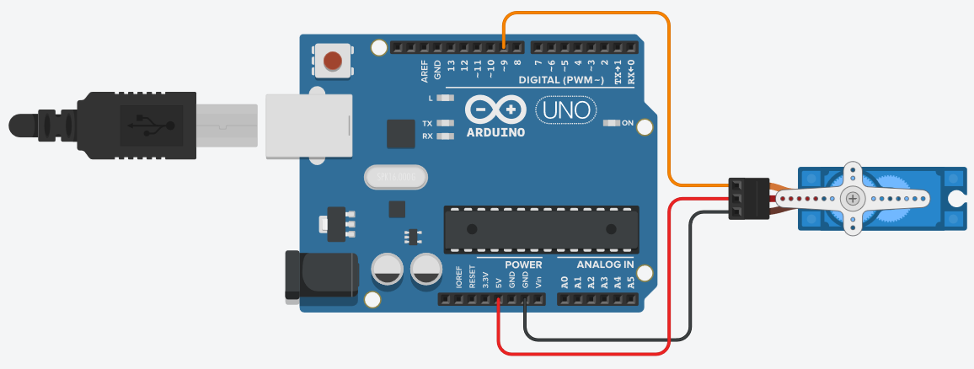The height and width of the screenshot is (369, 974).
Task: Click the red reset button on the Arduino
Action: click(x=334, y=61)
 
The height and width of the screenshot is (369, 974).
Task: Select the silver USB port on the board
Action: click(x=308, y=126)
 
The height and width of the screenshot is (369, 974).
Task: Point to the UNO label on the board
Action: click(x=565, y=110)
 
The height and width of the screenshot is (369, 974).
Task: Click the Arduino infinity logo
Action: click(x=495, y=110)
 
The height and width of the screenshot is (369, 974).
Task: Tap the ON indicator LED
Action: click(x=613, y=123)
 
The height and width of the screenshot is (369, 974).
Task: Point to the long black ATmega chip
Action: click(x=539, y=228)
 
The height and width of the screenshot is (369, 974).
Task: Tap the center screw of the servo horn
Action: click(x=854, y=199)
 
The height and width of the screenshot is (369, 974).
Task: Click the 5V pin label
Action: click(x=499, y=281)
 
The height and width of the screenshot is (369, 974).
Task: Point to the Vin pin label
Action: click(x=538, y=281)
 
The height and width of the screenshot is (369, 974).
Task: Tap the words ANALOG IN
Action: click(x=605, y=265)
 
